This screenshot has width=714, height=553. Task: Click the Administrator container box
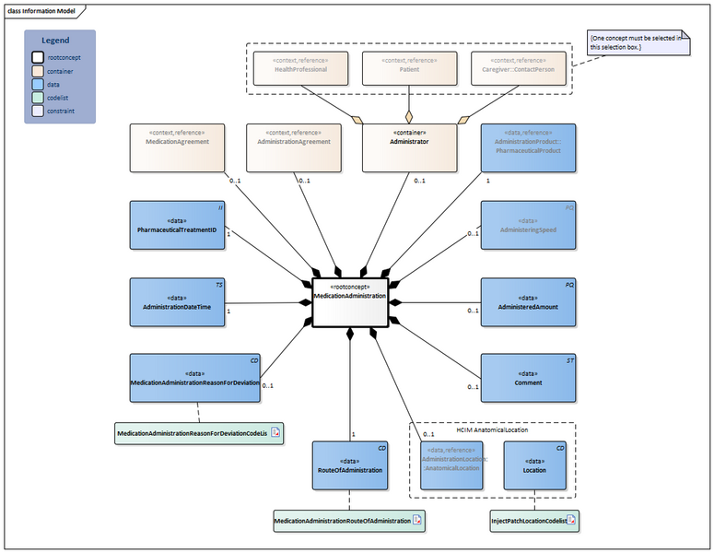point(408,147)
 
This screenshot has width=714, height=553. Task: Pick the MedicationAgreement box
point(178,147)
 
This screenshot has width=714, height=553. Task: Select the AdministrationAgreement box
point(293,147)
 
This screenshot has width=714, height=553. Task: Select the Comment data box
point(529,377)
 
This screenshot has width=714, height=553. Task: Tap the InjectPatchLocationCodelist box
point(534,521)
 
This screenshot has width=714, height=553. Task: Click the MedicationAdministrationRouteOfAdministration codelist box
point(349,521)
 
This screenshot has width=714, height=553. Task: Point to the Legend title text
point(55,41)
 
